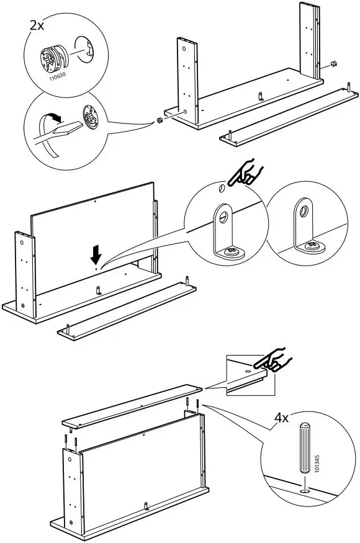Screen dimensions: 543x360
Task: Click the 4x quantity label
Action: (281, 418)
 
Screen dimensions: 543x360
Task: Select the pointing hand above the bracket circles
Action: (246, 175)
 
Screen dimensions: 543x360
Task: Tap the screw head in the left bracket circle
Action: (231, 252)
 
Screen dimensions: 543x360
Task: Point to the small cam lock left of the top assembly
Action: (159, 120)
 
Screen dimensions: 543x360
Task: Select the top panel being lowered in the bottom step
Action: (133, 405)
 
